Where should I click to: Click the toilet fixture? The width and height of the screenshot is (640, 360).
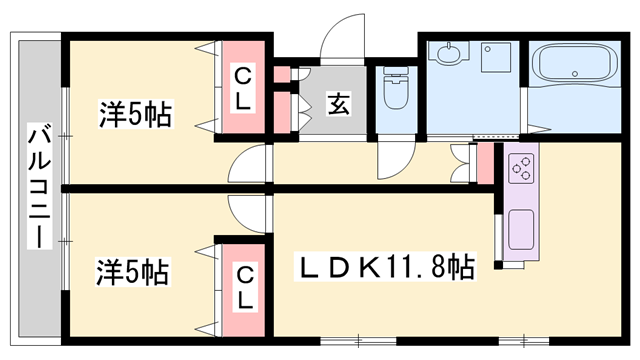pos(396,88)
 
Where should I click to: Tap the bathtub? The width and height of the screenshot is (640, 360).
pos(575,64)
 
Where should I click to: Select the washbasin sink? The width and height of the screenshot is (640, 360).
pos(449,52)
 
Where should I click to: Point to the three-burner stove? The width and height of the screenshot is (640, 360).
pos(521,168)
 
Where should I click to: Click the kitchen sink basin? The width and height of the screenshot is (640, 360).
pos(521,229)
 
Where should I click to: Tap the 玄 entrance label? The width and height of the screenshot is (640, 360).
pos(339,104)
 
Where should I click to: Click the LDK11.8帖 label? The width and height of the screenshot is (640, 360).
pos(385,267)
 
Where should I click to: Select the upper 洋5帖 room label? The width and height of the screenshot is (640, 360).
pos(136,113)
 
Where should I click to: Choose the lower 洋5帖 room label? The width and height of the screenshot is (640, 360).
pos(133,271)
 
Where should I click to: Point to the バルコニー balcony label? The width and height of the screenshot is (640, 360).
pos(40,186)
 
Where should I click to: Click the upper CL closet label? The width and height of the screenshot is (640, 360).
pos(243,89)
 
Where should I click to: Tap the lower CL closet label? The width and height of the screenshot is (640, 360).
pos(244,288)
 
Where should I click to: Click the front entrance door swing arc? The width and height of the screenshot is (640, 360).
pos(342,37)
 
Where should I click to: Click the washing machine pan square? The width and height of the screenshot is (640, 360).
pos(496,57)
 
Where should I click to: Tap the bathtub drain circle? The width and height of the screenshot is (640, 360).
pos(575,74)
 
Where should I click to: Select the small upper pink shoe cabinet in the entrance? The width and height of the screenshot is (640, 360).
pos(282,74)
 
